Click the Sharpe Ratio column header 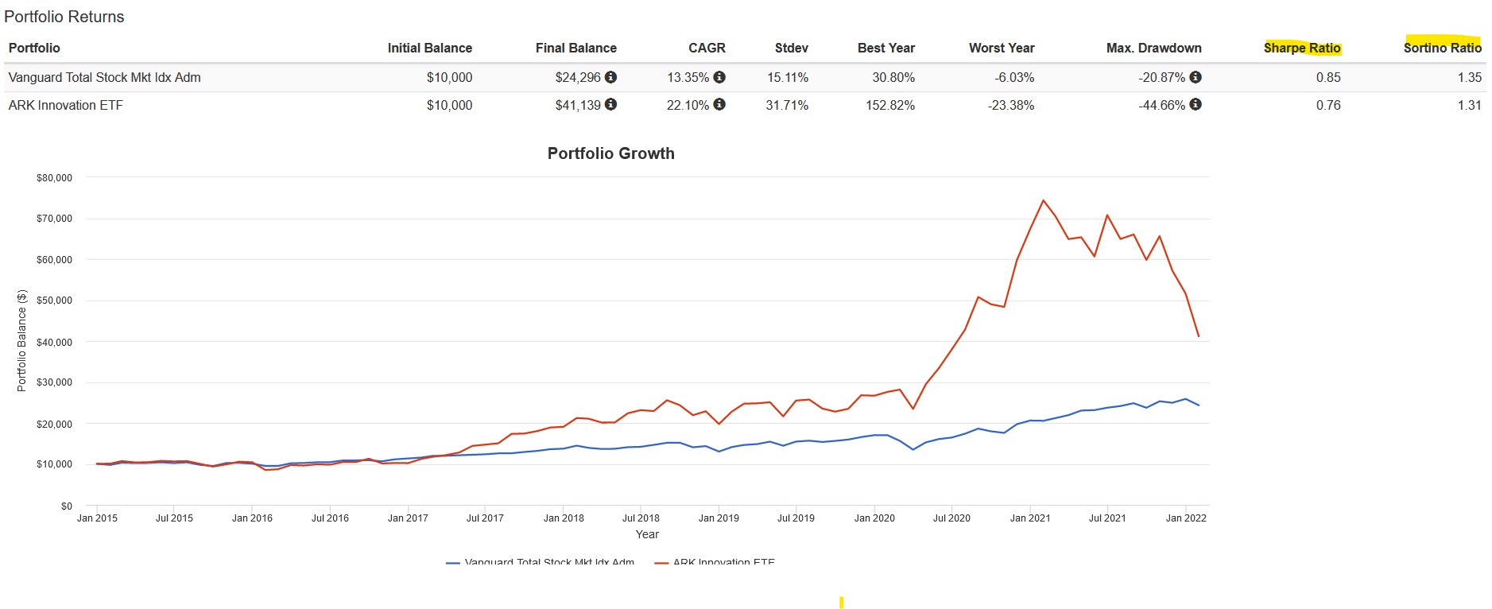(1301, 48)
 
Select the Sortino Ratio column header (1442, 48)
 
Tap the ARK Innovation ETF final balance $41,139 (578, 105)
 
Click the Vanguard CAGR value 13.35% (688, 77)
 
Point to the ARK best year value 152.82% (889, 105)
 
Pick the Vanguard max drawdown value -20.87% (1161, 77)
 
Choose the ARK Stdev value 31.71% (786, 105)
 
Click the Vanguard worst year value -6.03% (1013, 77)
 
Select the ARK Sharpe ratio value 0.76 (1327, 105)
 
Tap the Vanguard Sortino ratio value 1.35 (1469, 77)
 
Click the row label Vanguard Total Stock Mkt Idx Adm (104, 77)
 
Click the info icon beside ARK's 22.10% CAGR (719, 104)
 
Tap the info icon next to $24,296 (610, 77)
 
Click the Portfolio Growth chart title (610, 153)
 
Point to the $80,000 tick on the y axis (54, 178)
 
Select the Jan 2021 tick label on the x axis (1029, 518)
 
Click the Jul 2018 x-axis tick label (641, 518)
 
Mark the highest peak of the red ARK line (1043, 200)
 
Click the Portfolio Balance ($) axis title (21, 340)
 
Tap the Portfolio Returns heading (64, 17)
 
